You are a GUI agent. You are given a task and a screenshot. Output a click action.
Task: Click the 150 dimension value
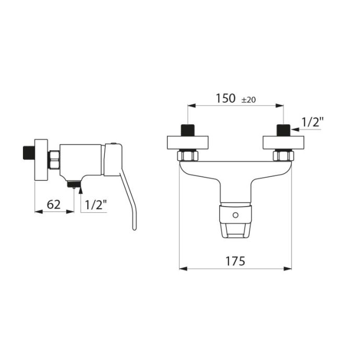coord(225,98)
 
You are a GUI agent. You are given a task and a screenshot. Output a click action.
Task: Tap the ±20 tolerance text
coord(249,100)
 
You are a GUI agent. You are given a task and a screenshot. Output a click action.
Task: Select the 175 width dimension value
coord(235,261)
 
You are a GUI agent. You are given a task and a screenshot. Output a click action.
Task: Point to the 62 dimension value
coord(54,205)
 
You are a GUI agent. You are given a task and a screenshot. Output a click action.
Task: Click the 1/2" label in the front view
coord(313,122)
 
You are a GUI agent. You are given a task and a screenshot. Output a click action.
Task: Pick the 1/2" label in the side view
coord(96,205)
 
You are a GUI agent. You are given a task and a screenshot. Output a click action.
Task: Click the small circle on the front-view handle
coord(235,215)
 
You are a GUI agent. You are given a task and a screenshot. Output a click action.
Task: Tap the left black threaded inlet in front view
coord(188,130)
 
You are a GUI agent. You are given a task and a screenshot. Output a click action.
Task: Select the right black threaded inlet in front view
coord(283,130)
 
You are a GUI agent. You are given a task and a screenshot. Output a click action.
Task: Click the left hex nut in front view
coord(188,155)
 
